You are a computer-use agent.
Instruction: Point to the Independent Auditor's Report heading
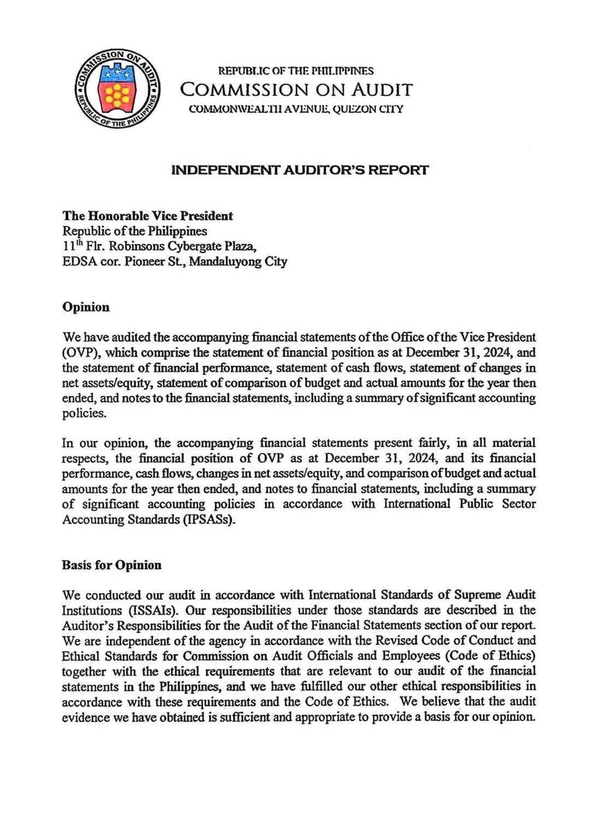point(295,169)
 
